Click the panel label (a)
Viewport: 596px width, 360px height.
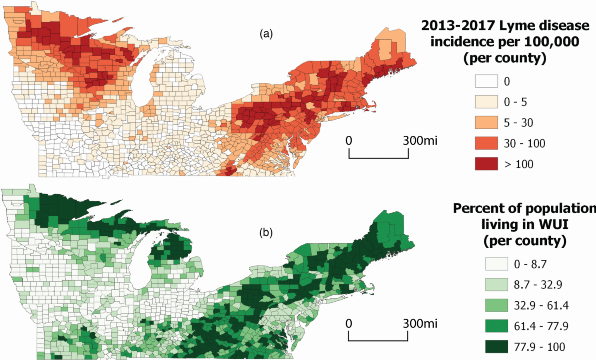click(x=266, y=34)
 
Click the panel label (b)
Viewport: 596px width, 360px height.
click(x=266, y=233)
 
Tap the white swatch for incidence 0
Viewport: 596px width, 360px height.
click(x=486, y=81)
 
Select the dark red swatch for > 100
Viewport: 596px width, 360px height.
click(x=486, y=164)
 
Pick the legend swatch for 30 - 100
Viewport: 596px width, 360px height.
click(x=486, y=143)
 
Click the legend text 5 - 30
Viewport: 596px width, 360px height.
click(x=518, y=123)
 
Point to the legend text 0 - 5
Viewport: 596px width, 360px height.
click(x=515, y=102)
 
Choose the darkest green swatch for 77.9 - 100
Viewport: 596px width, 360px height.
click(x=496, y=347)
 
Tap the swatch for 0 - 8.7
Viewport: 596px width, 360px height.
click(x=496, y=264)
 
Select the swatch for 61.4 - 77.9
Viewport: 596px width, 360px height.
click(x=496, y=326)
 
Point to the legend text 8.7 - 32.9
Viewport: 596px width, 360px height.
click(x=538, y=285)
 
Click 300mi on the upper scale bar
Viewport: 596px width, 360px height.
click(x=420, y=141)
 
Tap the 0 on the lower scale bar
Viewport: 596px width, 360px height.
click(x=349, y=324)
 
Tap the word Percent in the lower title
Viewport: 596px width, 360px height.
click(x=477, y=208)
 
